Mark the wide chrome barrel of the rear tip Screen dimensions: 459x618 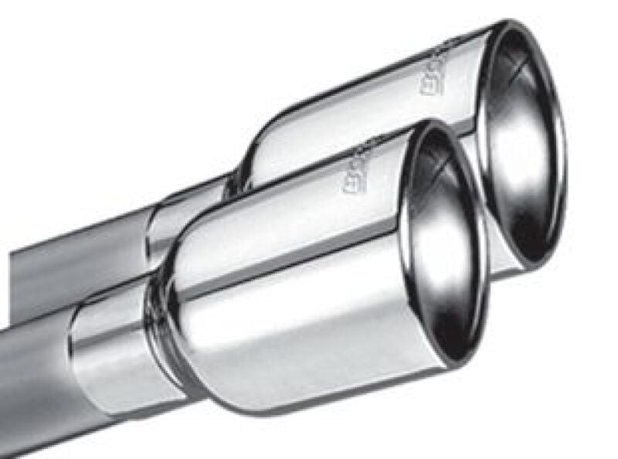point(363,116)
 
